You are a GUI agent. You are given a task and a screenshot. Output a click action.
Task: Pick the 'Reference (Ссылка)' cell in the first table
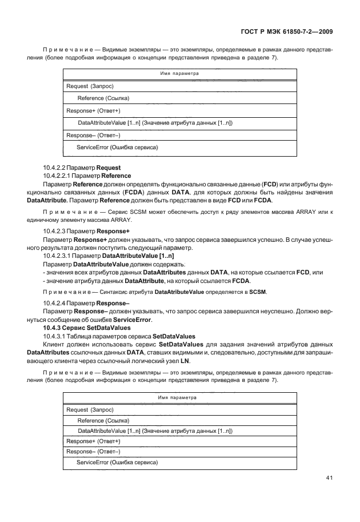tap(103, 98)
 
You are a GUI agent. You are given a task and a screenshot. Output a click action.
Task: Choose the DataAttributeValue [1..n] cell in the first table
tap(155, 123)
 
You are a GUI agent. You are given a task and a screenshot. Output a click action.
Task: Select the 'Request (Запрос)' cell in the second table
tap(90, 409)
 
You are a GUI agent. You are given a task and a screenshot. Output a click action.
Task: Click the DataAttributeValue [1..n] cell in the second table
tap(155, 431)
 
